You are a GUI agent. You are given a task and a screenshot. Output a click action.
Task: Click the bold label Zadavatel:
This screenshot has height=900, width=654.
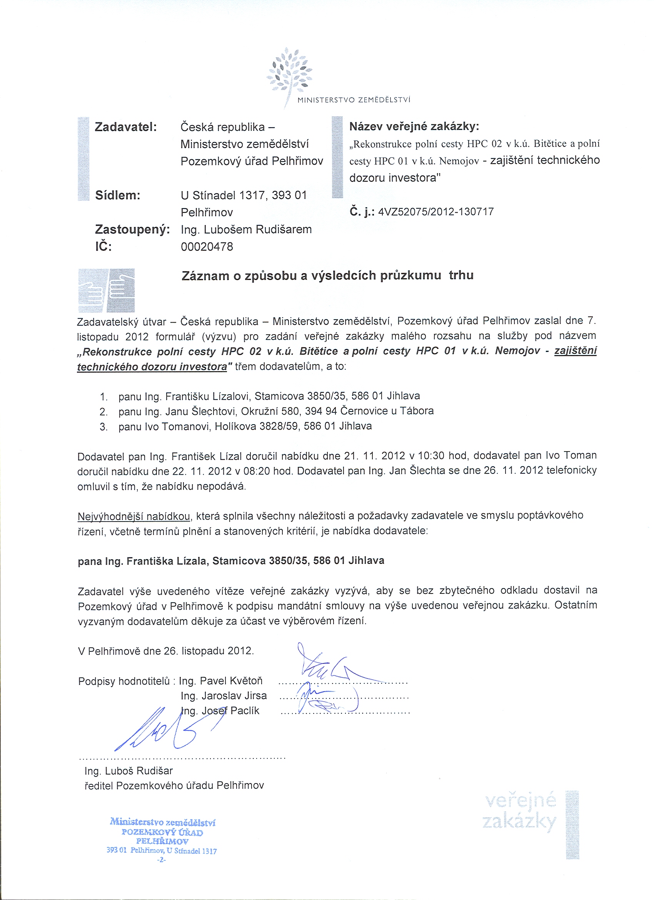click(126, 127)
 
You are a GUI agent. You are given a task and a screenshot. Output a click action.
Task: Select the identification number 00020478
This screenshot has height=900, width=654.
click(207, 247)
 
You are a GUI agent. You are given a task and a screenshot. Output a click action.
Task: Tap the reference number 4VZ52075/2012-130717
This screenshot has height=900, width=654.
click(436, 212)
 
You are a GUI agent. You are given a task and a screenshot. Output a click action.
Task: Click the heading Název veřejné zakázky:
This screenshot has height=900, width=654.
click(414, 127)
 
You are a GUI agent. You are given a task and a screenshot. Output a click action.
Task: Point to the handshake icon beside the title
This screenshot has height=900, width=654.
click(106, 290)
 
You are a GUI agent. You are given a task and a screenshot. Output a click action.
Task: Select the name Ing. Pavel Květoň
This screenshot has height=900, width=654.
click(221, 681)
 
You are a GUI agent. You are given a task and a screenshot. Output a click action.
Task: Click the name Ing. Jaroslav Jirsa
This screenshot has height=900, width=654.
click(224, 696)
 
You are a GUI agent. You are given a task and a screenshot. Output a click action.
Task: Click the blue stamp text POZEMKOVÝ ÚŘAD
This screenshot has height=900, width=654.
click(162, 833)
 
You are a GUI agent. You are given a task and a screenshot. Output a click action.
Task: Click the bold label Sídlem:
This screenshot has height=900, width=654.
click(117, 195)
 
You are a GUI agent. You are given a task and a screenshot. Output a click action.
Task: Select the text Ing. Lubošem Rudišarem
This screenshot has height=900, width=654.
click(246, 230)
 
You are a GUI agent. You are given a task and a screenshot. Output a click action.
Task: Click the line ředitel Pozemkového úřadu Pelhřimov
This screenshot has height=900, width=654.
click(174, 786)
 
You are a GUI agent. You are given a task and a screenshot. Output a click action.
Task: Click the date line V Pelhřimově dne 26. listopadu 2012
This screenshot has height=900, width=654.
click(166, 651)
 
